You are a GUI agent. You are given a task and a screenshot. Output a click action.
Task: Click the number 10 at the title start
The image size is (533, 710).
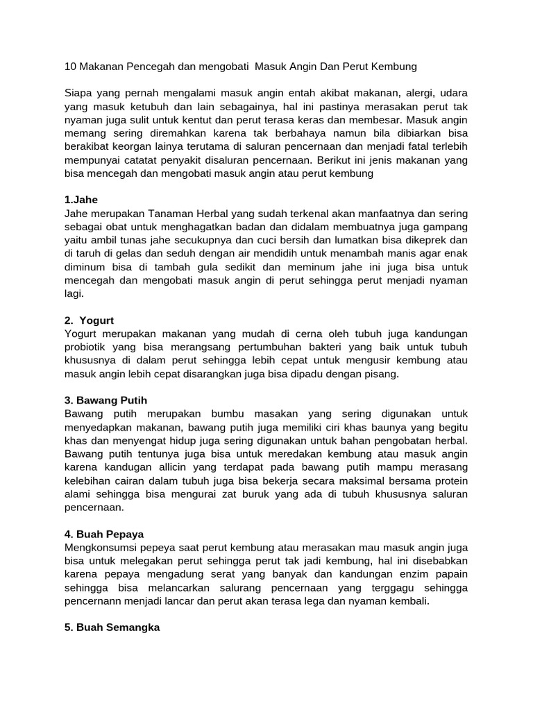coord(70,67)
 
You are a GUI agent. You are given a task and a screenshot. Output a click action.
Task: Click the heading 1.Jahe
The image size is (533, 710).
coord(81,200)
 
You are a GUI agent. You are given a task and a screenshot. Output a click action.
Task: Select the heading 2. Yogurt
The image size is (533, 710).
coord(89,320)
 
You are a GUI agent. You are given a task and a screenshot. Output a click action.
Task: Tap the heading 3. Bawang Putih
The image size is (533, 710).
coord(105,401)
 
